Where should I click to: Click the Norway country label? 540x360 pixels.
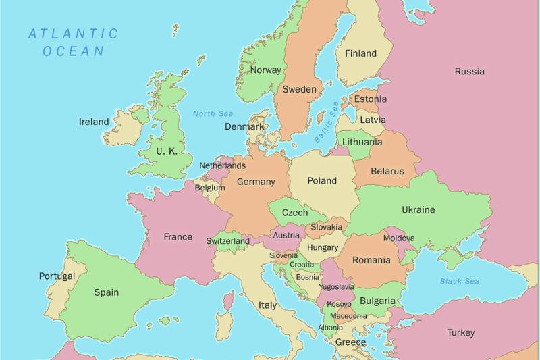tap(265, 70)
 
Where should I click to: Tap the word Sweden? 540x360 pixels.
tap(299, 89)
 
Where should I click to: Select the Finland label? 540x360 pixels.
tap(360, 54)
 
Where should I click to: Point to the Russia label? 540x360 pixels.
tap(469, 72)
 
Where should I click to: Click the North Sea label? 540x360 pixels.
tap(213, 114)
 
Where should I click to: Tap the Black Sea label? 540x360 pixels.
tap(460, 281)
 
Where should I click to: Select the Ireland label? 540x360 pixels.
tap(94, 122)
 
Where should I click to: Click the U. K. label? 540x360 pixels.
tap(167, 151)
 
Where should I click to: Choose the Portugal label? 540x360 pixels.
tap(57, 276)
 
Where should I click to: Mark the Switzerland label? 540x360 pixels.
tap(227, 241)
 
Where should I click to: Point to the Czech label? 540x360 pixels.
tap(294, 213)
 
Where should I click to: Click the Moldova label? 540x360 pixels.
tap(399, 238)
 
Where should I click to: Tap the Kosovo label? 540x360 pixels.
tap(339, 304)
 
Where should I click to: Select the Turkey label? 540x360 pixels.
tap(460, 332)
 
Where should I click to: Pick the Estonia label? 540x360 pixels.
tap(371, 99)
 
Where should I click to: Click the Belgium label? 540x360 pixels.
tap(210, 188)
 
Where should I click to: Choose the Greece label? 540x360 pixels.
tap(351, 342)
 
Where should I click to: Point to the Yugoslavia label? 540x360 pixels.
tap(335, 287)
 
